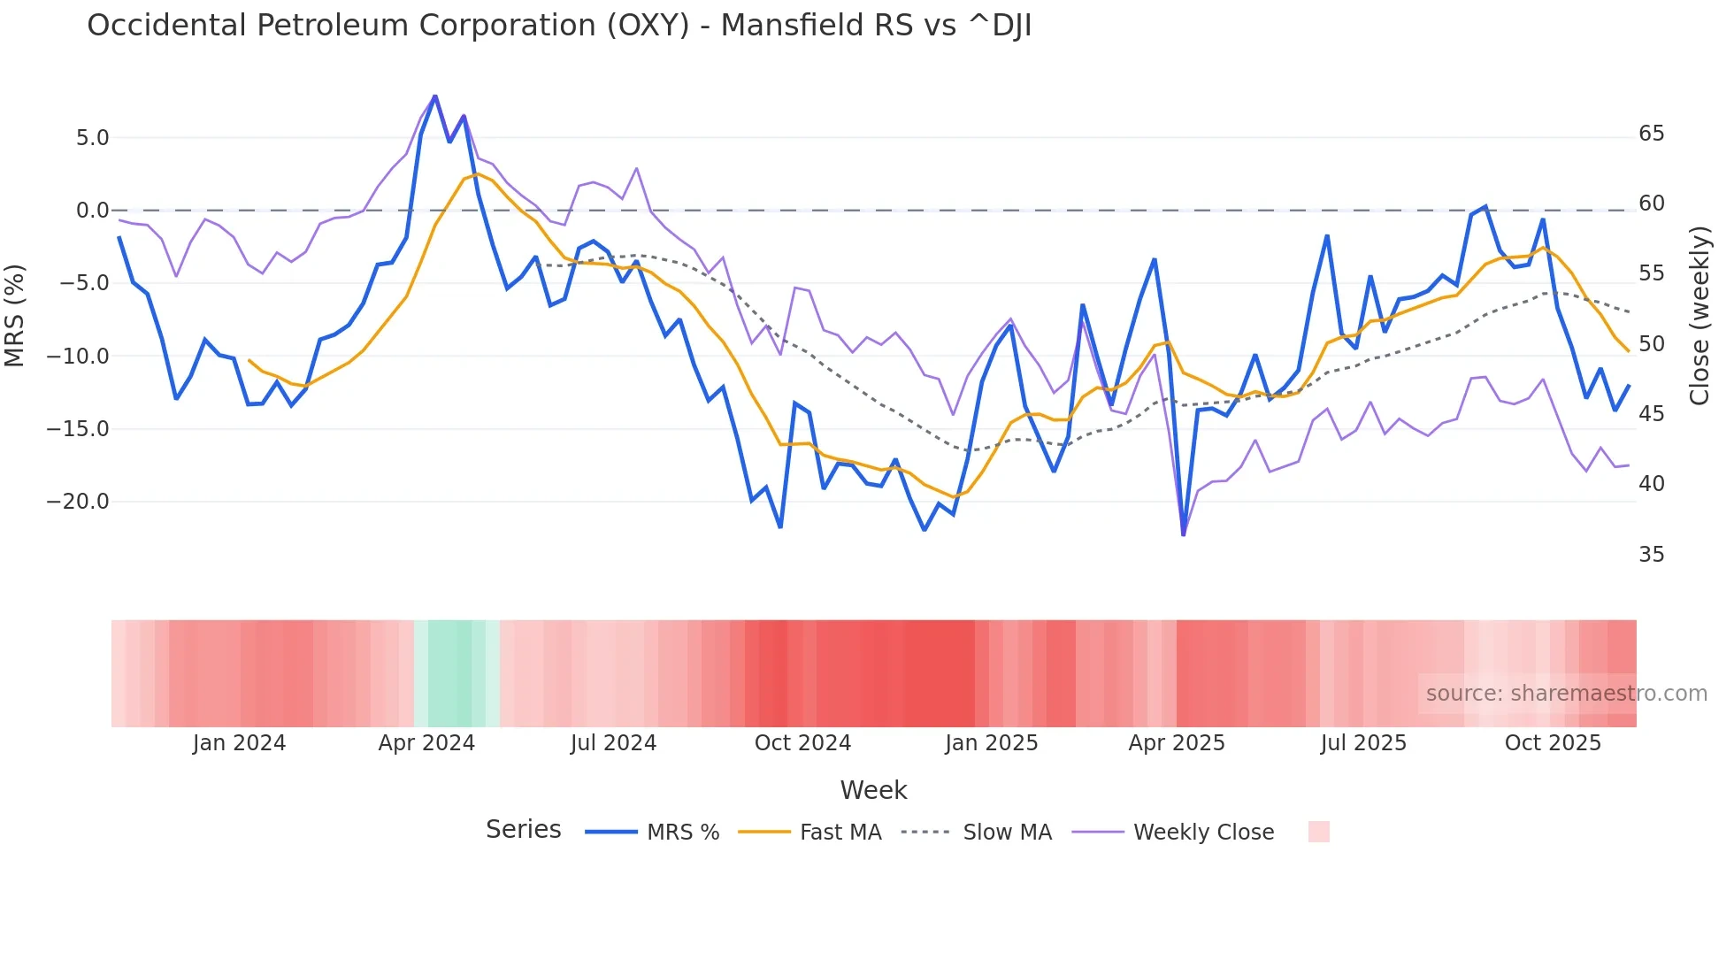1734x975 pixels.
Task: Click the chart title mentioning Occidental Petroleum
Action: coord(559,26)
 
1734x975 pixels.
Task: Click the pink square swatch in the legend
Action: coord(1318,832)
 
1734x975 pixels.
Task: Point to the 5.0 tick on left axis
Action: coord(92,138)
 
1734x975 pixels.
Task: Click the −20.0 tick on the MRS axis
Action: coord(78,502)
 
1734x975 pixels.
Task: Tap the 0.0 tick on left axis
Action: coord(92,211)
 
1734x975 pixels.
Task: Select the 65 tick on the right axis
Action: coord(1652,134)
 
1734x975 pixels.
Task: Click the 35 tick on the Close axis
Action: coord(1652,555)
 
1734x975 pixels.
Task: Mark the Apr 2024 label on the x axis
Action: coord(426,743)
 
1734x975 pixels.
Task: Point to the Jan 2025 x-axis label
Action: coord(991,743)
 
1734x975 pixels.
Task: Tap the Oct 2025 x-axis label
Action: coord(1553,743)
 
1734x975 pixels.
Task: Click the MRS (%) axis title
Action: coord(15,315)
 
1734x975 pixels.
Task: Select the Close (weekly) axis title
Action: coord(1699,315)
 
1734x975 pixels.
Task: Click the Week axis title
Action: coord(873,790)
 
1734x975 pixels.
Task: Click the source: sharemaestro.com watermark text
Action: coord(1566,694)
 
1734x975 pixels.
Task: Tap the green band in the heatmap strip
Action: coord(450,673)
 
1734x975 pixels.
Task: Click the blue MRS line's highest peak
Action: coord(435,96)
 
